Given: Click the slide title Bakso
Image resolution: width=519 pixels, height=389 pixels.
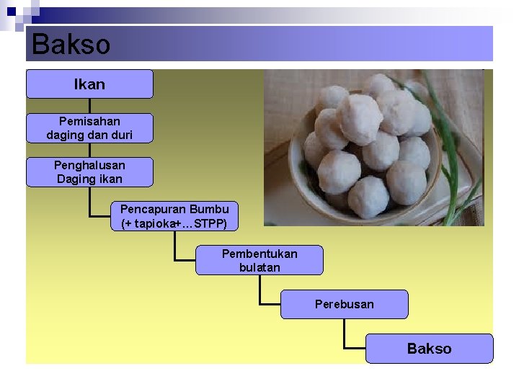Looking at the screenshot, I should click(71, 45).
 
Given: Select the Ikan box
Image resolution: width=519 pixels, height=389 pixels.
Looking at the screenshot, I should click(89, 84).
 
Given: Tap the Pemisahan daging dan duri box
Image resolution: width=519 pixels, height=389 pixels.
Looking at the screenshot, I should click(89, 128).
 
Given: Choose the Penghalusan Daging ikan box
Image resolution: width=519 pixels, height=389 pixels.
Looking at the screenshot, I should click(89, 172).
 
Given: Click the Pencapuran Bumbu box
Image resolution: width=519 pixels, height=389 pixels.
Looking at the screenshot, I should click(174, 216).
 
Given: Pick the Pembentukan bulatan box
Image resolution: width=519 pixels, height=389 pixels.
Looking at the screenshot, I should click(259, 260).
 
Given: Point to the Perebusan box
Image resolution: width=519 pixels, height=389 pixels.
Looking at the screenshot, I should click(344, 304).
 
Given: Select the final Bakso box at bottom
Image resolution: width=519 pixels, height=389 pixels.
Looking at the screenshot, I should click(429, 349).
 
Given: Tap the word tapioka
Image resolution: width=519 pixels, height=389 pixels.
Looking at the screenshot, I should click(155, 223).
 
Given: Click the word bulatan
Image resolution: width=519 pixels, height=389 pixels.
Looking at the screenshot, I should click(259, 267).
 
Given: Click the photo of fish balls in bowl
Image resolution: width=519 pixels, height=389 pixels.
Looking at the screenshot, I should click(373, 148).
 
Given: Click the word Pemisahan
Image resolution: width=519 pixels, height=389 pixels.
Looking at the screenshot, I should click(89, 121).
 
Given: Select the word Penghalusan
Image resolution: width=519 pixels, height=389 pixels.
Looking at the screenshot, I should click(89, 165).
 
